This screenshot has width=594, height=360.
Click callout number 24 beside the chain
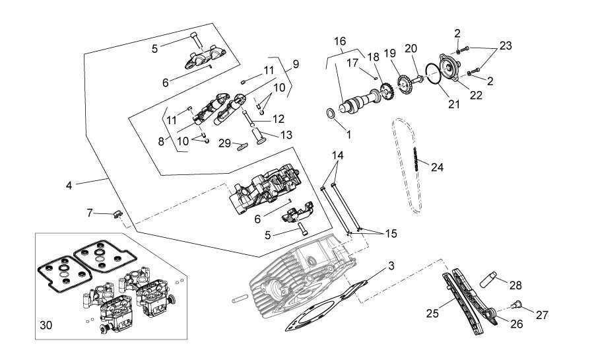pyautogui.click(x=437, y=167)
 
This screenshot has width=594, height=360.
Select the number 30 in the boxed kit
pyautogui.click(x=46, y=325)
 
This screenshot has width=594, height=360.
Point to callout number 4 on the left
pyautogui.click(x=69, y=186)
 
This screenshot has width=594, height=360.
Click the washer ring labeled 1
pyautogui.click(x=331, y=113)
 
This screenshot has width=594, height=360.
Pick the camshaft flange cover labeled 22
pyautogui.click(x=449, y=67)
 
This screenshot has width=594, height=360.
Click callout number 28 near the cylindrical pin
pyautogui.click(x=515, y=285)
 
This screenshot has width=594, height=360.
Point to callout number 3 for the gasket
pyautogui.click(x=391, y=266)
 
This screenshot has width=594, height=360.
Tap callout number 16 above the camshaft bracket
pyautogui.click(x=340, y=41)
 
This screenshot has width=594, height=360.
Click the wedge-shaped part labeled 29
pyautogui.click(x=242, y=146)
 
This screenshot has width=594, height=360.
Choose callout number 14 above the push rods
pyautogui.click(x=338, y=155)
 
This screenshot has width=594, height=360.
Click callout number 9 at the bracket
pyautogui.click(x=296, y=64)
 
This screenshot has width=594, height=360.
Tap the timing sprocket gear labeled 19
pyautogui.click(x=404, y=86)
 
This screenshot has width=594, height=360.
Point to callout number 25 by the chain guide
pyautogui.click(x=432, y=313)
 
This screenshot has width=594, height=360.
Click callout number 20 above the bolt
pyautogui.click(x=411, y=48)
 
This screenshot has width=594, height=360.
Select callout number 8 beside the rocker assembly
pyautogui.click(x=161, y=142)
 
